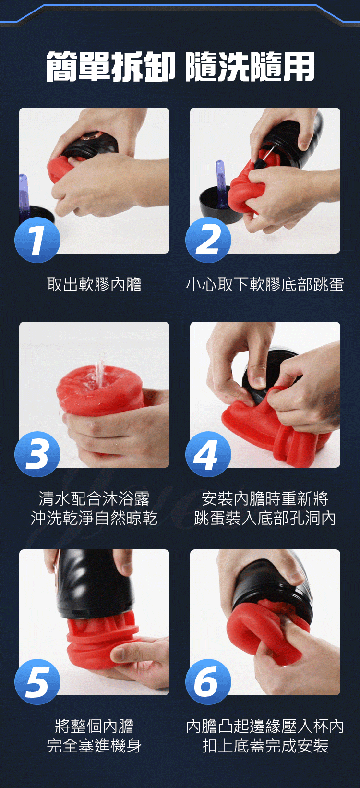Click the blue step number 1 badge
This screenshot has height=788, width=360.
(x=37, y=240)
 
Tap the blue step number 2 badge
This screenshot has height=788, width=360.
(x=208, y=240)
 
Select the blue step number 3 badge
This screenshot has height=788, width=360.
(x=37, y=454)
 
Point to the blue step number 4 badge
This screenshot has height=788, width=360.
(x=208, y=454)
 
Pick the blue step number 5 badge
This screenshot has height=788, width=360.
(x=37, y=682)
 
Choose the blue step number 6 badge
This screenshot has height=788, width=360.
(x=208, y=682)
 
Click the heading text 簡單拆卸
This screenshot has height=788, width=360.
(x=111, y=66)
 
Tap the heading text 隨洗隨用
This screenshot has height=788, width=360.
(x=250, y=66)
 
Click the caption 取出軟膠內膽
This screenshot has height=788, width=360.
(x=94, y=284)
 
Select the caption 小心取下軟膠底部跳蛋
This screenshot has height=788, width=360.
(x=265, y=284)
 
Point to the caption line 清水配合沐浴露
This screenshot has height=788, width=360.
(x=94, y=498)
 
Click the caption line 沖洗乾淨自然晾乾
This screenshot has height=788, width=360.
(x=94, y=518)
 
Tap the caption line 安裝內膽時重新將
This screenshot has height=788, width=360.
(x=265, y=498)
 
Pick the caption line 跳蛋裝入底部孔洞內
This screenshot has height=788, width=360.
(x=265, y=518)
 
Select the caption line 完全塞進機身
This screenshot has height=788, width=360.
(x=94, y=745)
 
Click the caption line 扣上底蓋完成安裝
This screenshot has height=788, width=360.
(x=265, y=745)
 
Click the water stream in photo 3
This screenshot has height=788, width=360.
(x=100, y=373)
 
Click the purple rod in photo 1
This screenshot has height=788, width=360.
(x=24, y=194)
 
